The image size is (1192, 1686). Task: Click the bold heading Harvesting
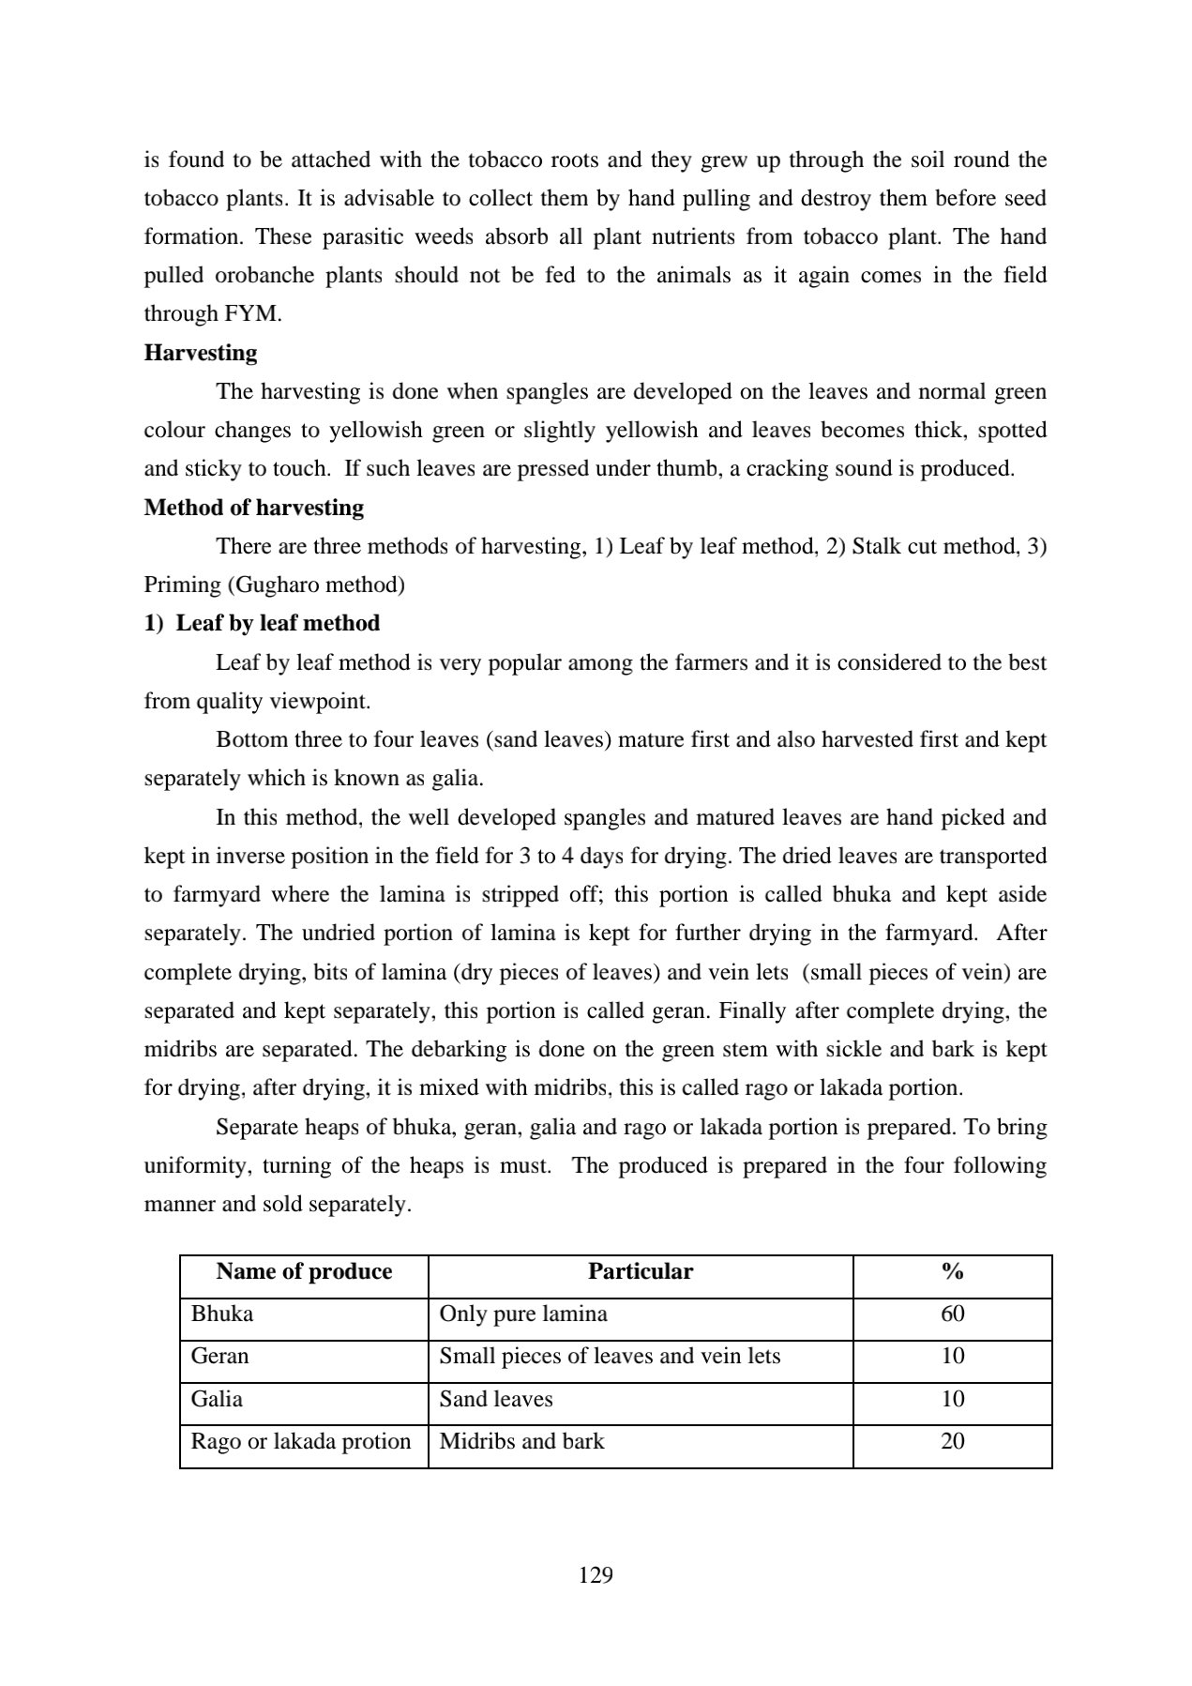(200, 353)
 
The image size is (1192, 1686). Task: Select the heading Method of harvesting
(253, 508)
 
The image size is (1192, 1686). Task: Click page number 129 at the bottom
(596, 1574)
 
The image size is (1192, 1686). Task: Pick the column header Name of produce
(304, 1271)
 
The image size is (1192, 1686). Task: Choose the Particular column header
(640, 1271)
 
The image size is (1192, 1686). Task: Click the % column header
(952, 1271)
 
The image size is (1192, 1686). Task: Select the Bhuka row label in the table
(222, 1314)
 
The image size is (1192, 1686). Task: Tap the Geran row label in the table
(219, 1356)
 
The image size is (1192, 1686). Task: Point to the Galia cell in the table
(217, 1399)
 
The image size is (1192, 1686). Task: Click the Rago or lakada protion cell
(300, 1441)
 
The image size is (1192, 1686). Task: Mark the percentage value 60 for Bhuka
(952, 1314)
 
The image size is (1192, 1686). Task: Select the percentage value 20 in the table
(952, 1441)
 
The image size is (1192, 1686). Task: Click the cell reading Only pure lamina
(522, 1314)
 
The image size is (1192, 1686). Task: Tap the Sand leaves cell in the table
(495, 1399)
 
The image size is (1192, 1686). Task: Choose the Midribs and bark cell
(521, 1441)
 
